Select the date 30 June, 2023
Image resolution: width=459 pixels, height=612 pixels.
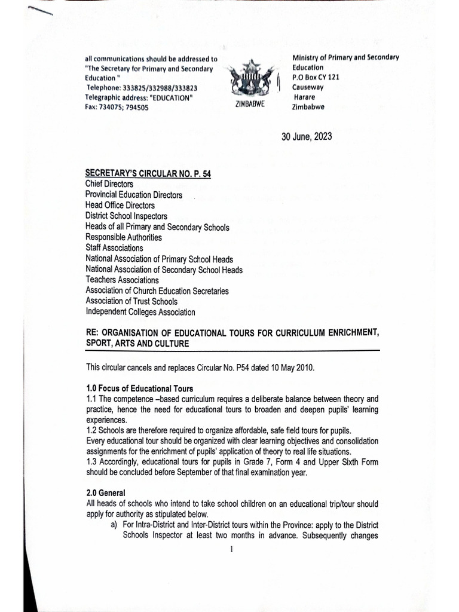pos(307,137)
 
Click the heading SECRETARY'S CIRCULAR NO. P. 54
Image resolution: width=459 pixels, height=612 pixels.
pos(148,173)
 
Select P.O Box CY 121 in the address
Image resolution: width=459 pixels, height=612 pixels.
pos(316,77)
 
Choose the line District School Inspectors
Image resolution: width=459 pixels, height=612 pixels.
pos(126,216)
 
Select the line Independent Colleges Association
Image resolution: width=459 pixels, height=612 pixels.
pos(140,312)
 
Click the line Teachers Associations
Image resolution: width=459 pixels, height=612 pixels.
pos(122,280)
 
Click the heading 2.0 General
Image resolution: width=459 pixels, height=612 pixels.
pos(106,493)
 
